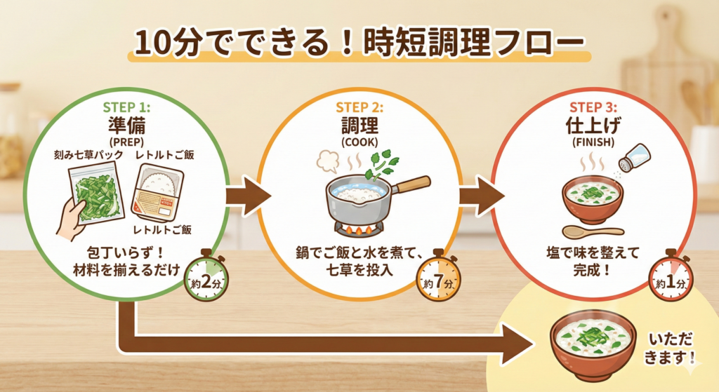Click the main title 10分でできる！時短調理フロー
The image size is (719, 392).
(359, 43)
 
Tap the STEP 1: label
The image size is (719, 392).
(126, 107)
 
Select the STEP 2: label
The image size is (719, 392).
(359, 107)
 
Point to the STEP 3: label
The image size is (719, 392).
(593, 107)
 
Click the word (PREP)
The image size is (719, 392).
(126, 142)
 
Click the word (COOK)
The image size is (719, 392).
(359, 142)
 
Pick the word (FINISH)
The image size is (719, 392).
(593, 142)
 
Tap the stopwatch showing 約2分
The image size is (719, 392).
(206, 278)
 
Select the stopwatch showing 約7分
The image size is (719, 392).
(439, 278)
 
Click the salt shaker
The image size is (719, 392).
(634, 157)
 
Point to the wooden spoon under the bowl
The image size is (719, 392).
(593, 231)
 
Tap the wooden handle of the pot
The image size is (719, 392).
(413, 184)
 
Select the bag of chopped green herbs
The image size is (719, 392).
(96, 194)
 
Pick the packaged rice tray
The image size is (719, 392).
(158, 192)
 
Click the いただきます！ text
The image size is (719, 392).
(670, 348)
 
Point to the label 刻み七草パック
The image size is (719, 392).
(88, 155)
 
